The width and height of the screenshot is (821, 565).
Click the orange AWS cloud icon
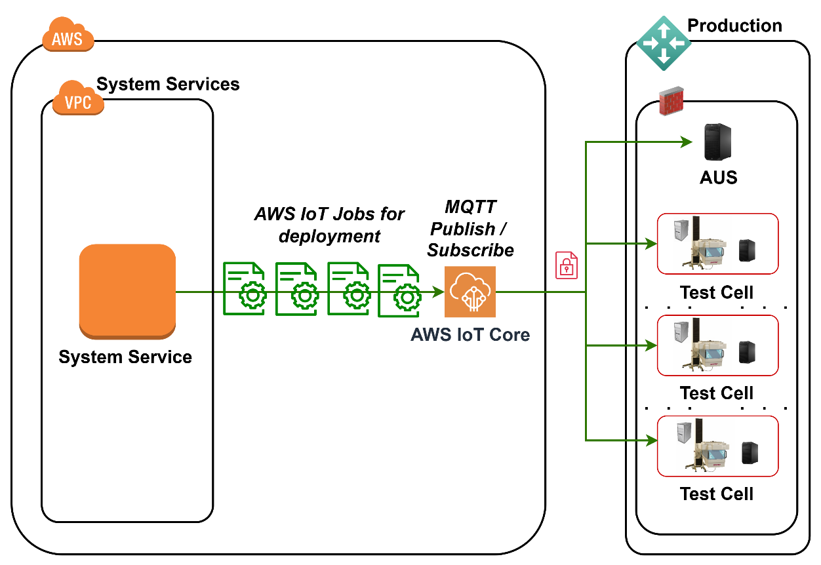point(68,36)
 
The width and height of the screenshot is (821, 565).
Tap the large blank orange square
point(127,291)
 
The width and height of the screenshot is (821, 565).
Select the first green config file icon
point(244,289)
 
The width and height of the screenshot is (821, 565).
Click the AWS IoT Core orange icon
point(470,292)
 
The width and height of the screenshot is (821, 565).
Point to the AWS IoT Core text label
point(470,335)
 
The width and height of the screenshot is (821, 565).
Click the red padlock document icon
point(567,265)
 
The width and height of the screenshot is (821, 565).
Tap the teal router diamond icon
point(663,43)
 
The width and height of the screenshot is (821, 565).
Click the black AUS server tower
point(717,142)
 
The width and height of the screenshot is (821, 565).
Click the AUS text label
point(719,178)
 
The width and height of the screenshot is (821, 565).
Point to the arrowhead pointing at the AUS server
point(687,142)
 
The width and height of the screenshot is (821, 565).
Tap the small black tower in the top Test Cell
point(747,250)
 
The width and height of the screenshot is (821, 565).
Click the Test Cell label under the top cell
point(717,292)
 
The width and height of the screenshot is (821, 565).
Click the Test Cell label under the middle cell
point(717,393)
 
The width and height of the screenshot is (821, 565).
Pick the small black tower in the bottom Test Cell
point(750,452)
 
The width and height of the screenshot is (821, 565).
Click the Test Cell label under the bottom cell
point(717,494)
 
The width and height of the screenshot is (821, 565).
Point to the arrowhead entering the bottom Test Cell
point(652,440)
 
